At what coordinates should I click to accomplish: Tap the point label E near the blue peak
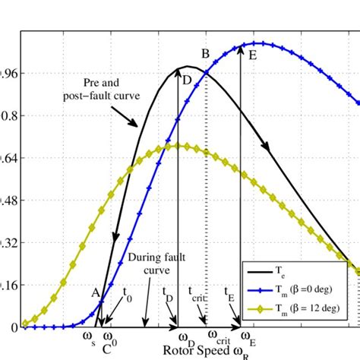252,55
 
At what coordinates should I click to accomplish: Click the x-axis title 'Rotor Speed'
199,351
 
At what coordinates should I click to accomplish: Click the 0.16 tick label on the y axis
8,286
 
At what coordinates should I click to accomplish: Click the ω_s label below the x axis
89,336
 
